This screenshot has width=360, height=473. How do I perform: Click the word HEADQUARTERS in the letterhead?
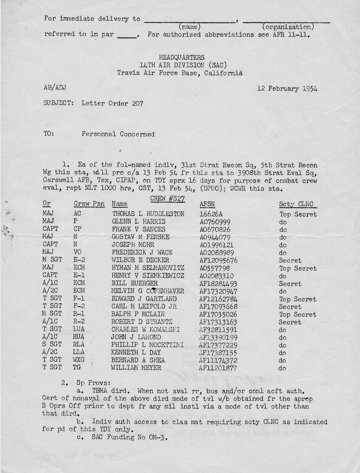pos(182,57)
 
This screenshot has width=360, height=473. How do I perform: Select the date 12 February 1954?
pos(287,89)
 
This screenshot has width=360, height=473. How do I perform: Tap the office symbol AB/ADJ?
pos(55,88)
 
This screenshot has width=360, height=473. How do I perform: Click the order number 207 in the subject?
pos(138,103)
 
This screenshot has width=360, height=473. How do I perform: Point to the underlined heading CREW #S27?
pos(167,199)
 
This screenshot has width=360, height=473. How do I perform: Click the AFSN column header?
pos(207,204)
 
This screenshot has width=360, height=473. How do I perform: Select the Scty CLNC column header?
pos(296,204)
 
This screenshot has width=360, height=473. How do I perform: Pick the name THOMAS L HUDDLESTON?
pos(148,214)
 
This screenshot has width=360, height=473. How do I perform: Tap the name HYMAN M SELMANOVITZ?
pos(148,268)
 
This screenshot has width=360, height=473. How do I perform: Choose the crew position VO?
pos(77,253)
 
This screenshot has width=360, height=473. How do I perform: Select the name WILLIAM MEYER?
pos(136,368)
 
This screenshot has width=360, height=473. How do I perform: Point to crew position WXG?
pos(79,360)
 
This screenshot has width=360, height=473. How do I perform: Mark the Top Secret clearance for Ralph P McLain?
pos(298,315)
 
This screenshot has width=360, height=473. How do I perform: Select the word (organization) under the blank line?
pos(288,27)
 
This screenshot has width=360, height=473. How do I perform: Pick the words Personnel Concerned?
pos(118,134)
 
